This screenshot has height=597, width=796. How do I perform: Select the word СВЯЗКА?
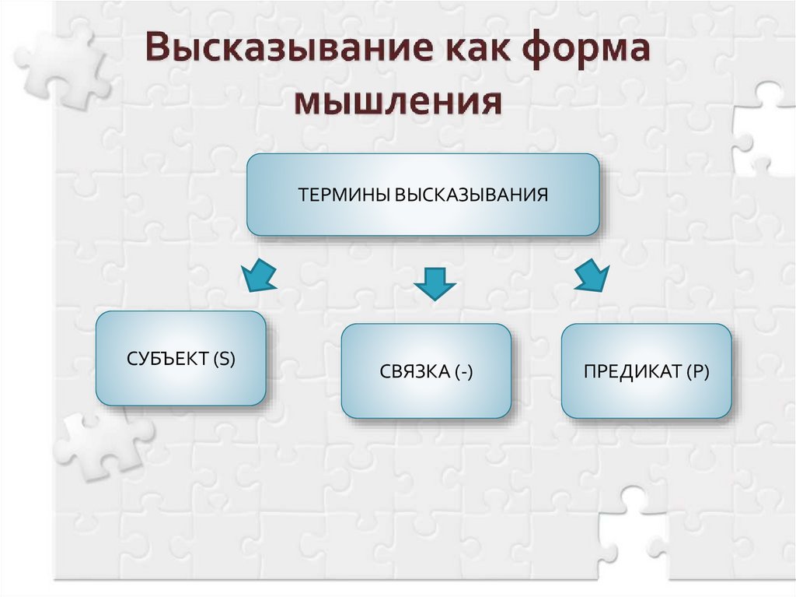coord(412,372)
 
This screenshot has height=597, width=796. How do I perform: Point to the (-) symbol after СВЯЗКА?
coord(463,372)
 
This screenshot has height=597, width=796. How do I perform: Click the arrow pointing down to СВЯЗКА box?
coord(434,283)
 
